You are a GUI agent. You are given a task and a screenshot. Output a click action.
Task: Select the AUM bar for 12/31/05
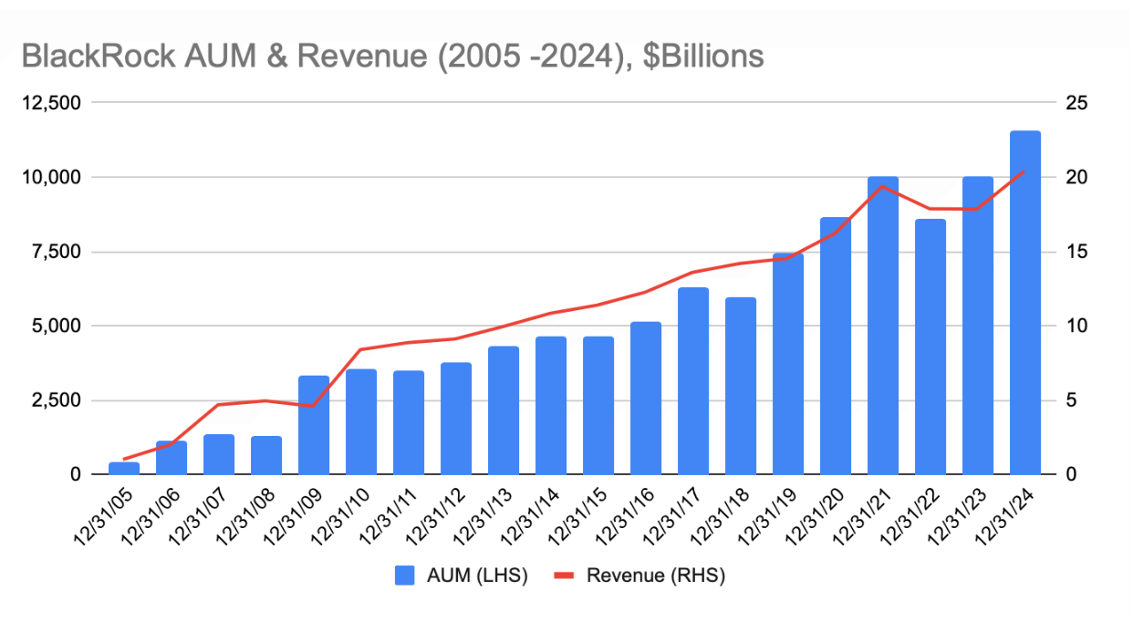(x=124, y=469)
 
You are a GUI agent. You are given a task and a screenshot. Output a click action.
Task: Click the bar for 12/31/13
(x=504, y=410)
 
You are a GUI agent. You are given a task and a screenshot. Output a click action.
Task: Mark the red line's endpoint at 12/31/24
(x=1024, y=171)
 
